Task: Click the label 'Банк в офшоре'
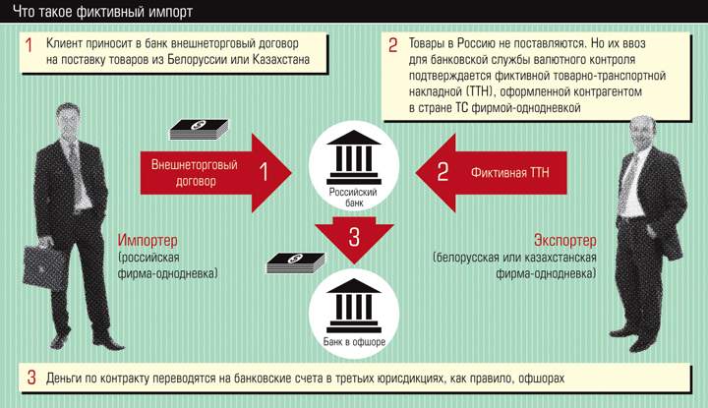(354, 341)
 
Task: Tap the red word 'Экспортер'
(564, 242)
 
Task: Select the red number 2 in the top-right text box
(393, 45)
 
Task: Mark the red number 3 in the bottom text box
(30, 378)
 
